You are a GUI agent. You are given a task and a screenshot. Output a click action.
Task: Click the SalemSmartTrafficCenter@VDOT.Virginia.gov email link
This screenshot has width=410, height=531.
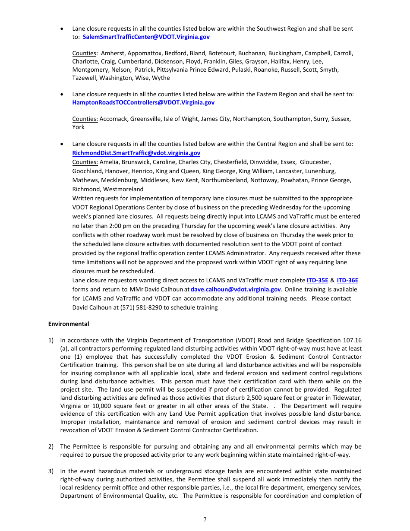click(x=146, y=37)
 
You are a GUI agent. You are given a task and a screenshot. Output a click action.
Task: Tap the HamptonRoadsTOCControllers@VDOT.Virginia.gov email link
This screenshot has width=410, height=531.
click(x=143, y=103)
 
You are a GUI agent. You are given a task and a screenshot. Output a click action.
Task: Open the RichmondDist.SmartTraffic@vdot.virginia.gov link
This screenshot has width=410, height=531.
click(x=136, y=153)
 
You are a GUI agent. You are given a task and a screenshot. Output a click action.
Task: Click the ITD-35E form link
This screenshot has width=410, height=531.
click(x=317, y=280)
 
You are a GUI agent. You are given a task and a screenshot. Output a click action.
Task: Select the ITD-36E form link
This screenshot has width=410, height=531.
click(x=347, y=280)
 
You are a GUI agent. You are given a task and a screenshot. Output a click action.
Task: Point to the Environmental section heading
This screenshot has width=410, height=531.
click(x=69, y=324)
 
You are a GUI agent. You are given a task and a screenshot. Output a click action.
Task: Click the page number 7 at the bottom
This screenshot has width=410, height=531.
click(x=205, y=519)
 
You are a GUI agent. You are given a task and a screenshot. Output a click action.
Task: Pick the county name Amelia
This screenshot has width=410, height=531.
click(x=109, y=162)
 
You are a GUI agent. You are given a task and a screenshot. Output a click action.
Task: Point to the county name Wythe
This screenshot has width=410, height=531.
click(x=161, y=78)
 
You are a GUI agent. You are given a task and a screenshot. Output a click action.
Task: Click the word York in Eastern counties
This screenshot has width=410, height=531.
click(x=79, y=127)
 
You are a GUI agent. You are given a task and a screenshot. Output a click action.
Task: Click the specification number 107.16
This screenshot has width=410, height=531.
click(x=352, y=340)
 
